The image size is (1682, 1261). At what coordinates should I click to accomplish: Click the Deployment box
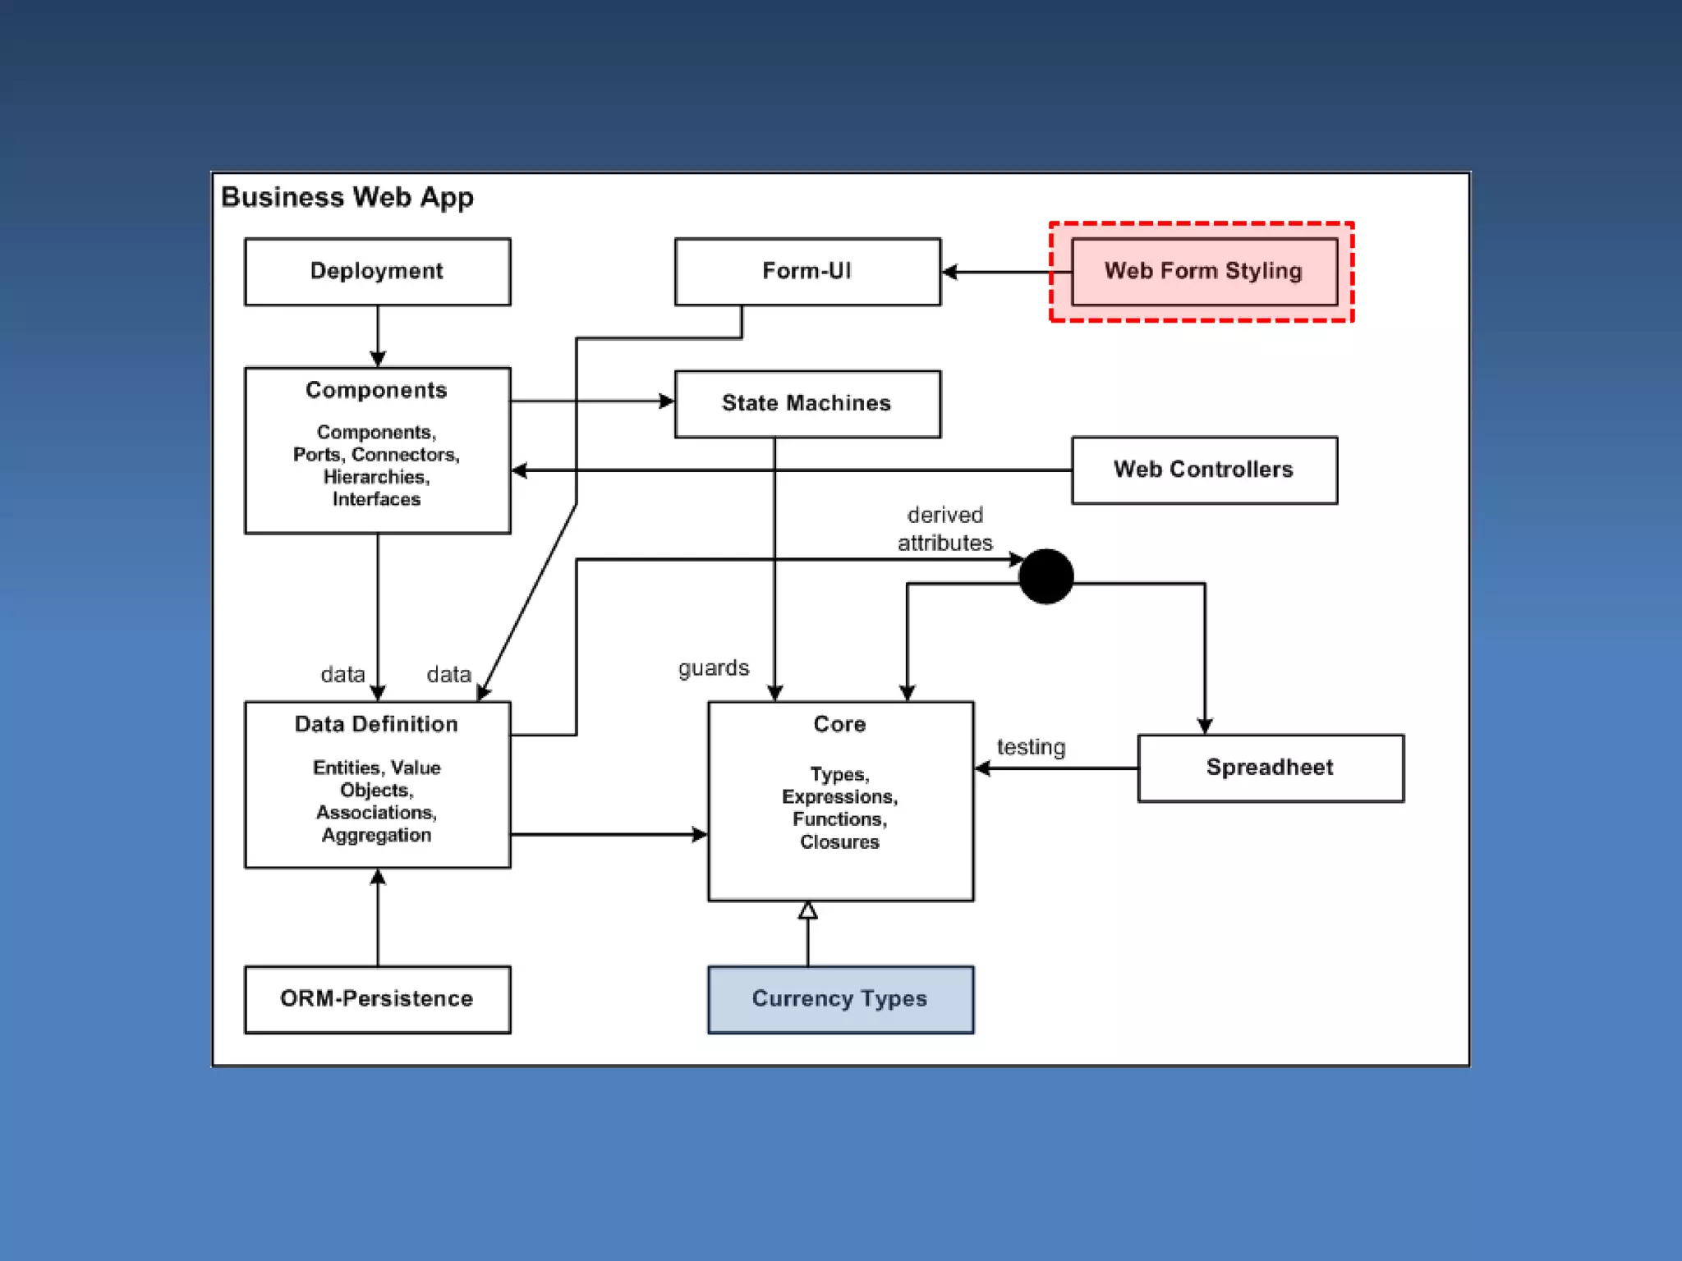(378, 272)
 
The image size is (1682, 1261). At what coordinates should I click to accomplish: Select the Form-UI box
(807, 272)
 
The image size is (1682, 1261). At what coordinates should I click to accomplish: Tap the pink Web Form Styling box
(1204, 272)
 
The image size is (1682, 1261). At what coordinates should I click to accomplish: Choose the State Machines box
(807, 404)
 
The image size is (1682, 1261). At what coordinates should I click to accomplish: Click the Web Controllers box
(1204, 470)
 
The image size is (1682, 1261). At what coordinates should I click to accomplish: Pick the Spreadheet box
(1271, 768)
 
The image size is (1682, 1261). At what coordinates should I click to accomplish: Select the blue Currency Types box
(840, 999)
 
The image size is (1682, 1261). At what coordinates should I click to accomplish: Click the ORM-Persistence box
(378, 999)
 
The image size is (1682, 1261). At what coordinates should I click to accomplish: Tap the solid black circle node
(1046, 576)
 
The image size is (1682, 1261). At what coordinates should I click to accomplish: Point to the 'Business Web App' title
(347, 198)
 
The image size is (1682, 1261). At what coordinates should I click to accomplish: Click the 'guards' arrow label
(714, 668)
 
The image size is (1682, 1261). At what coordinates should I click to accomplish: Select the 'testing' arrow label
(1031, 747)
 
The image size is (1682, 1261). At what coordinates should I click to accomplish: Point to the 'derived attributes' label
(944, 529)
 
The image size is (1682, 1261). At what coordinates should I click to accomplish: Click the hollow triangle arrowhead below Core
(807, 910)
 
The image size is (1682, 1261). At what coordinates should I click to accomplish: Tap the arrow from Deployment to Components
(378, 337)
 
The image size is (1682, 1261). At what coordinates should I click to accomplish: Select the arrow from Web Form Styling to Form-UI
(1007, 272)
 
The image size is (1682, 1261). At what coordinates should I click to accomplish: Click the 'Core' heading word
(839, 724)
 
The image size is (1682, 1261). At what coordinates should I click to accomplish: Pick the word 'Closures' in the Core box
(839, 841)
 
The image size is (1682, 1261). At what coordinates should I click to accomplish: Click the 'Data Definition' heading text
(376, 724)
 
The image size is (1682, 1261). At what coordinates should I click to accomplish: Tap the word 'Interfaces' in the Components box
(376, 499)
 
